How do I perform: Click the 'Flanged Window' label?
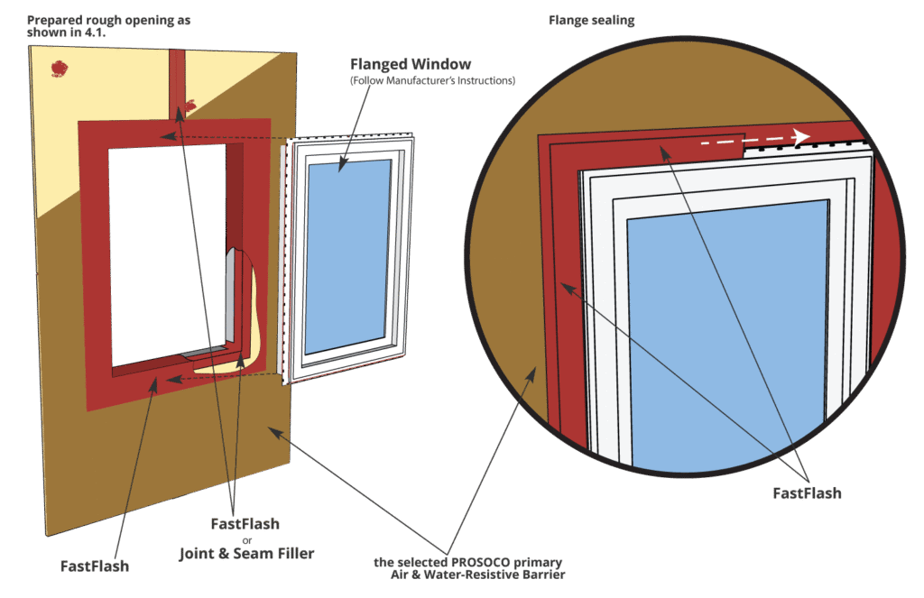coord(411,65)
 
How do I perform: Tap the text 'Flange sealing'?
coord(590,20)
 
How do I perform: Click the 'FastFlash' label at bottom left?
coord(95,566)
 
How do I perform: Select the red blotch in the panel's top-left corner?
coord(61,67)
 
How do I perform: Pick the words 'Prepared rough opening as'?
coord(108,20)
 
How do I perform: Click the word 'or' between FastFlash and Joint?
coord(245,539)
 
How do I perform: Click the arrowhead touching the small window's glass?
coord(341,166)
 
